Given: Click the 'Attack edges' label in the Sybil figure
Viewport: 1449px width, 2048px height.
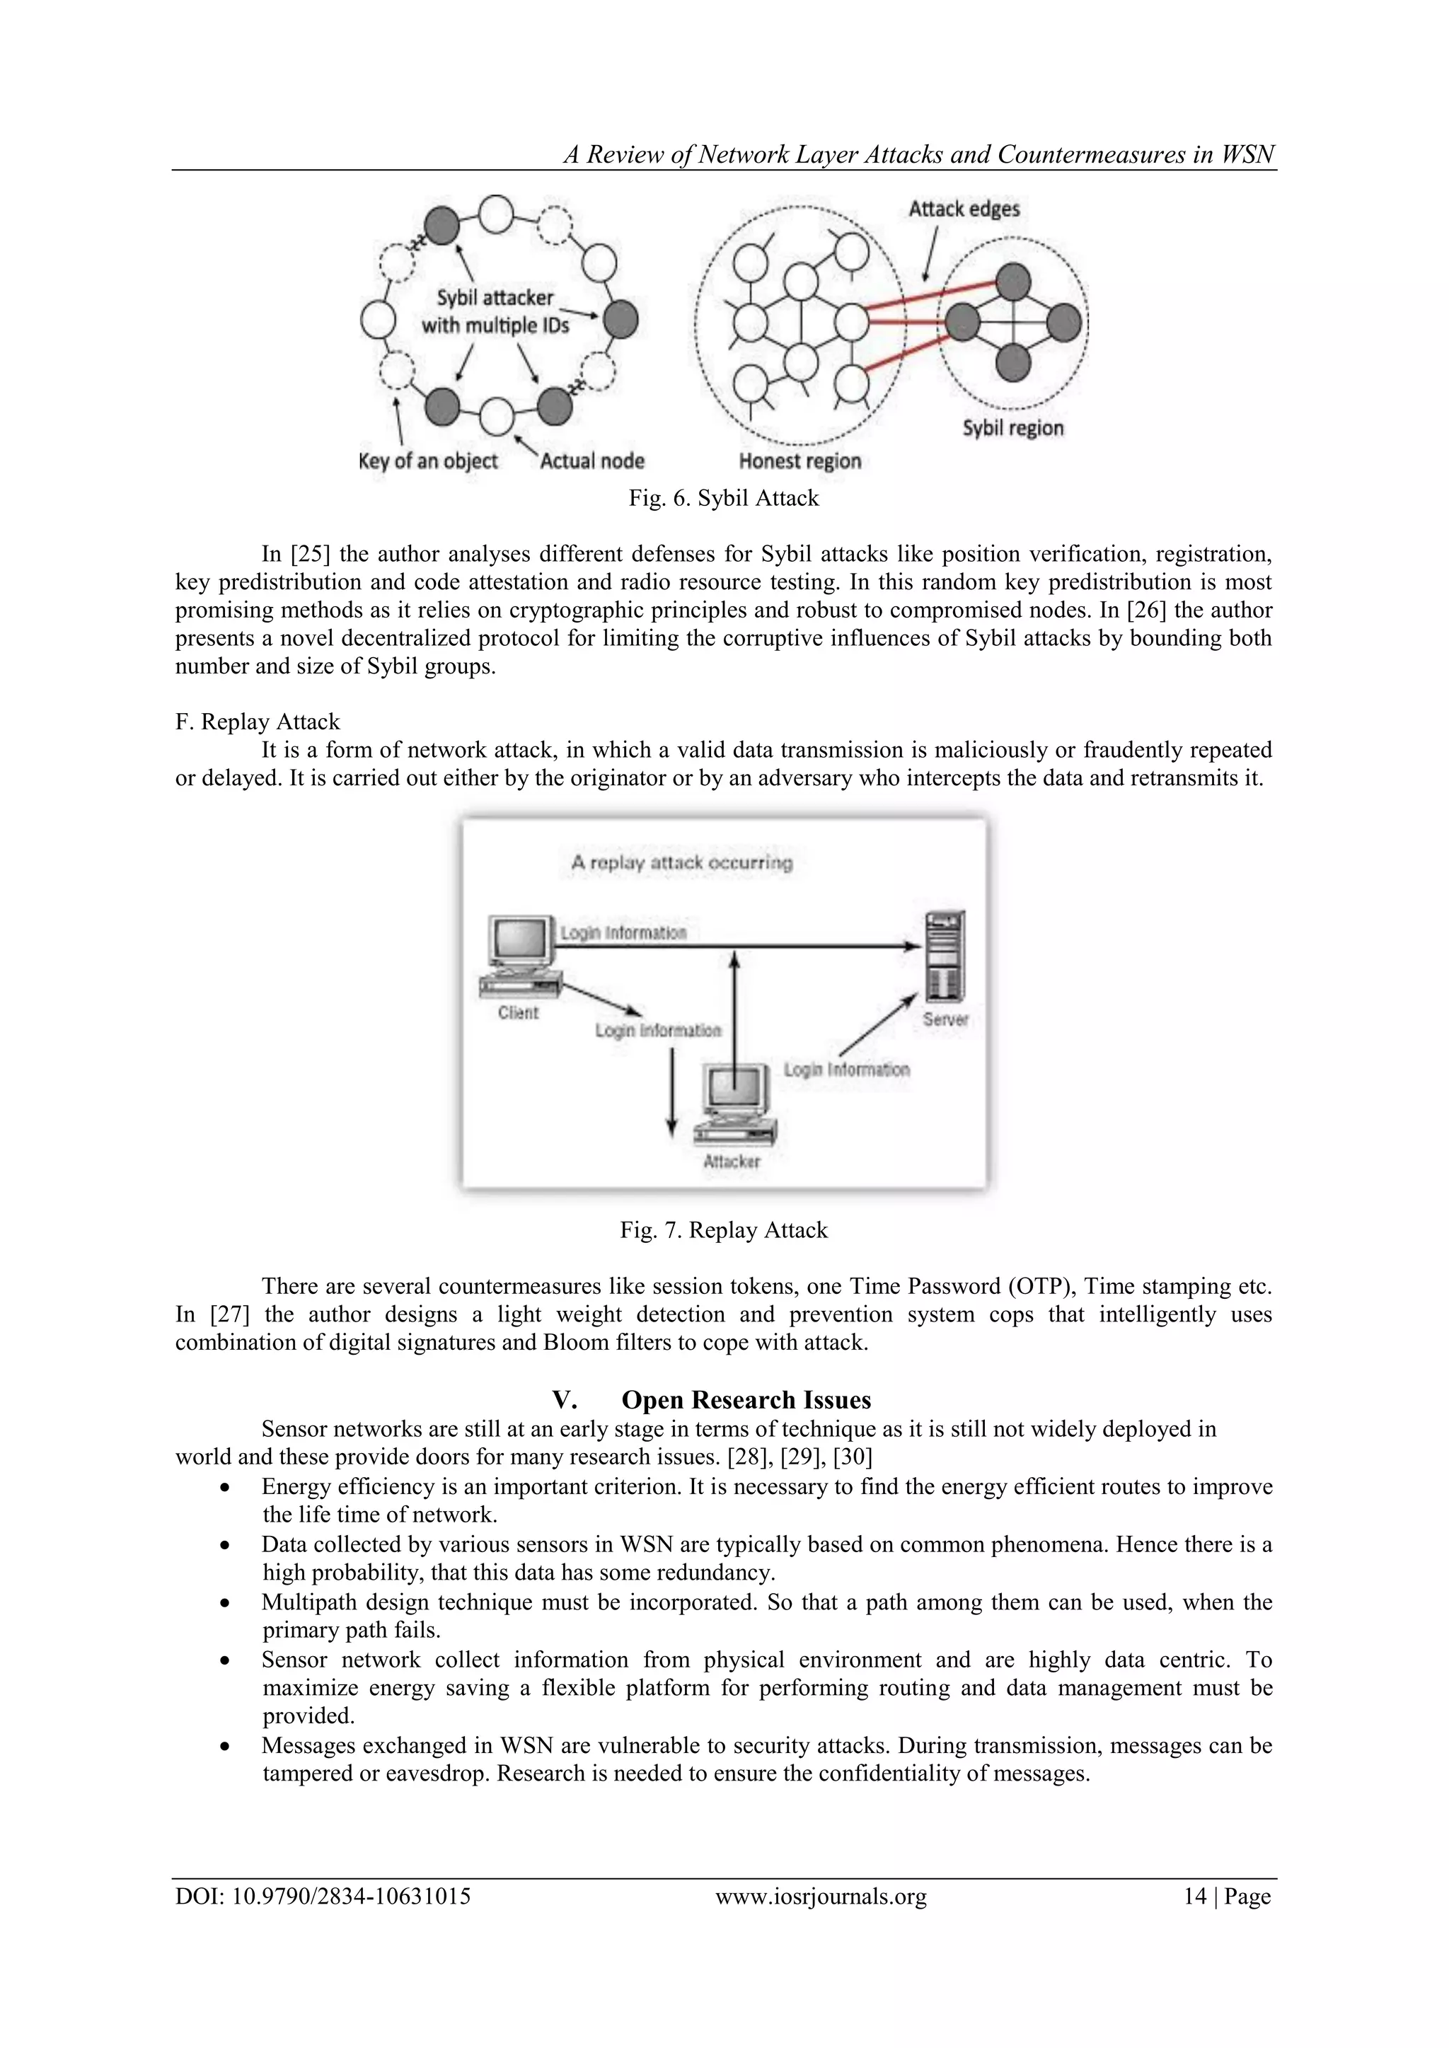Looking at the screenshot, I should [964, 209].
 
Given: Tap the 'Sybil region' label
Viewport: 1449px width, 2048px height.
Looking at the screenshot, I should [1012, 428].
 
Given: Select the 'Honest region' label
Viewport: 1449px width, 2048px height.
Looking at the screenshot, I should [799, 461].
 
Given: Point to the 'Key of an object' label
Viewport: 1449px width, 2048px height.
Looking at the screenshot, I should [427, 461].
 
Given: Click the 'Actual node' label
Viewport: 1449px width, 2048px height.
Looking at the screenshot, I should [592, 461].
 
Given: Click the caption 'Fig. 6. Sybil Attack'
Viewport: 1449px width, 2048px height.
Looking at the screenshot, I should [724, 498].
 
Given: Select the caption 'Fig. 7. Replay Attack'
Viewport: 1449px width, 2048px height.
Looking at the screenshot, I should [724, 1230].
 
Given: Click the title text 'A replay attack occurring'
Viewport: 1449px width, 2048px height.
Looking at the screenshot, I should [681, 862].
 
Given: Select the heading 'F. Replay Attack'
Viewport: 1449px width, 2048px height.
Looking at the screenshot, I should [258, 722].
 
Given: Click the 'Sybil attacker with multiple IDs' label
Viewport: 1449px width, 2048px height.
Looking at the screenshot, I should [495, 311].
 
